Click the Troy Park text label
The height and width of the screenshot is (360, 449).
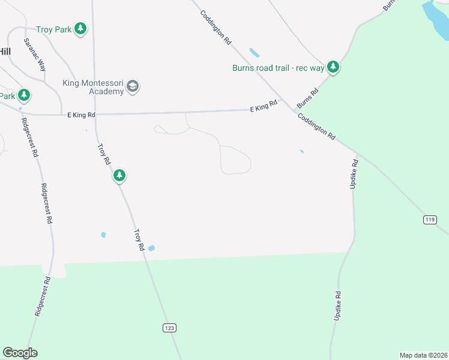click(53, 29)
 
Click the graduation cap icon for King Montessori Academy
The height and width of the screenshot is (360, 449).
click(133, 88)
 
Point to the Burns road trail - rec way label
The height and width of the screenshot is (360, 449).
click(278, 68)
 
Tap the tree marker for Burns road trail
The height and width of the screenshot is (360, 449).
click(333, 67)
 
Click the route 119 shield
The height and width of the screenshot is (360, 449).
click(429, 220)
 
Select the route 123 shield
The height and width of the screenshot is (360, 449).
click(170, 328)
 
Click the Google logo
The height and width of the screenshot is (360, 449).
click(20, 353)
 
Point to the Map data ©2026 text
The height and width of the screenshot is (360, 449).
click(423, 355)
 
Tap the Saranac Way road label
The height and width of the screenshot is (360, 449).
click(35, 55)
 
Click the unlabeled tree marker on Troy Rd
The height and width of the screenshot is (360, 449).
click(120, 176)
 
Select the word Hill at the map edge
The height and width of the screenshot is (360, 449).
click(5, 52)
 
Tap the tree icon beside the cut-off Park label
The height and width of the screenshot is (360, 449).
click(24, 95)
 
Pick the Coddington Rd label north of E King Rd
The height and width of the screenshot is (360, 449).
click(215, 28)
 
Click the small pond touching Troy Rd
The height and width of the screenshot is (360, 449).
click(151, 248)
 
